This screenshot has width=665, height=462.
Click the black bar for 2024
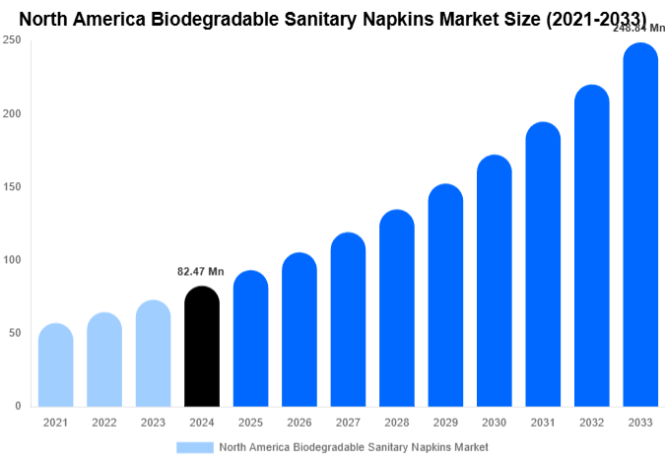coord(201,346)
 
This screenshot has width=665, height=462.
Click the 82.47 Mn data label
coord(201,272)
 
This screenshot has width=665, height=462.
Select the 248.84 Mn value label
coord(638,29)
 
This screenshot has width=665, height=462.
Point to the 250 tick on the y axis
coord(12,40)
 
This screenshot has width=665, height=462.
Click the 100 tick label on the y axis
coord(12,260)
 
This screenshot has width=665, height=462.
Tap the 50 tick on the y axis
coord(15,333)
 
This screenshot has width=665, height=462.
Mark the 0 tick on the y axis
coord(18,406)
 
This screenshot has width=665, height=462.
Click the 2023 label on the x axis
coord(153,423)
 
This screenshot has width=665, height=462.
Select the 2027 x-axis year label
coord(347,423)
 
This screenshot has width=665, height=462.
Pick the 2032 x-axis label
coord(591,423)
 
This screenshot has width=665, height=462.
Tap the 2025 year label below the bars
coord(249,423)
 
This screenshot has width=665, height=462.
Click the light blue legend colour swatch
coord(194,446)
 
